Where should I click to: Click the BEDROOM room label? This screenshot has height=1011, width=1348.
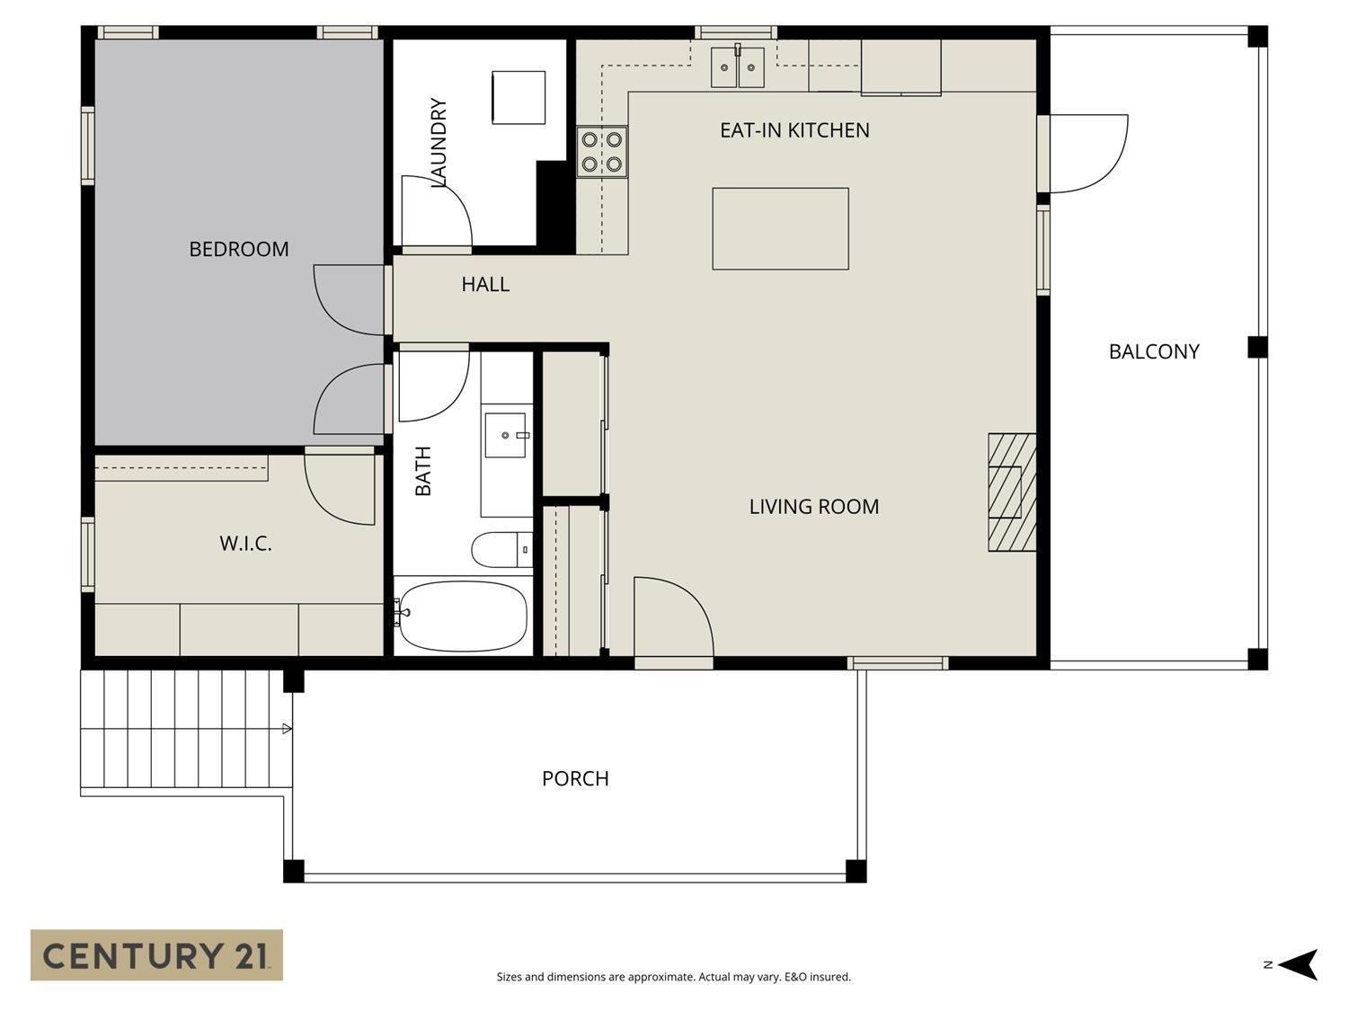point(239,249)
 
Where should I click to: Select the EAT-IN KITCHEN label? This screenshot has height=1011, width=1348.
point(794,130)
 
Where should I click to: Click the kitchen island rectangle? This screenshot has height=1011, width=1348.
point(780,228)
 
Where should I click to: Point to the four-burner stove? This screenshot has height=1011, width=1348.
point(602,152)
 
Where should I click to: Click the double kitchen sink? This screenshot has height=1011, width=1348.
point(737,67)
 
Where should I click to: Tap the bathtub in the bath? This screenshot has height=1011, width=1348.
point(463,616)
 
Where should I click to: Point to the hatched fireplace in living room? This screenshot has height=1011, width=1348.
point(1012,492)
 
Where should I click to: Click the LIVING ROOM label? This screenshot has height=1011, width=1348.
point(814,507)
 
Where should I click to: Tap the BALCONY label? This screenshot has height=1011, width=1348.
point(1154,351)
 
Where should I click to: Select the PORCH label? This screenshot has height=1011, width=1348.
point(575,778)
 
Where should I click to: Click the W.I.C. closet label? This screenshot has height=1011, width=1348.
point(245,544)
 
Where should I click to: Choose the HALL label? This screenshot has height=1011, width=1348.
point(485,285)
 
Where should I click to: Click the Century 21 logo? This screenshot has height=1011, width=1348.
point(156,955)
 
